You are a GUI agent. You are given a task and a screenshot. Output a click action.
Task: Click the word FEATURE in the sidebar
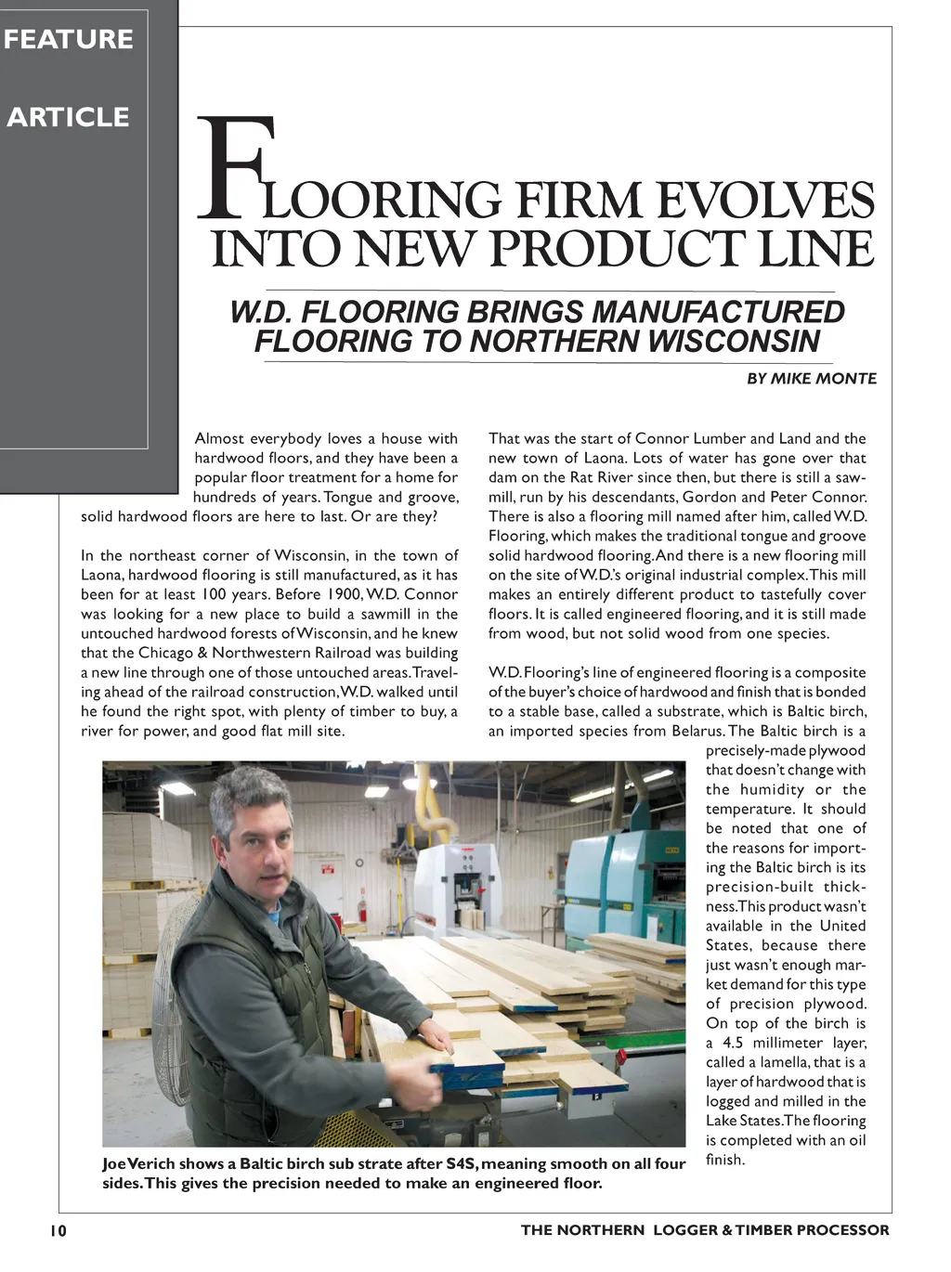[x=69, y=40]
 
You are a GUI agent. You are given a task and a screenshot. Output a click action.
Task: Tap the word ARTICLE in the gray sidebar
[x=69, y=117]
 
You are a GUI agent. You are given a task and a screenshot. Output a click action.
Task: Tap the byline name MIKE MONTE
[x=823, y=378]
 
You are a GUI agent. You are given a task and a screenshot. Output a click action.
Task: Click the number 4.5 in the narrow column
[x=734, y=1043]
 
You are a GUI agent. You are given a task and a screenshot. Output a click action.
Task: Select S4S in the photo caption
[x=462, y=1164]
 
